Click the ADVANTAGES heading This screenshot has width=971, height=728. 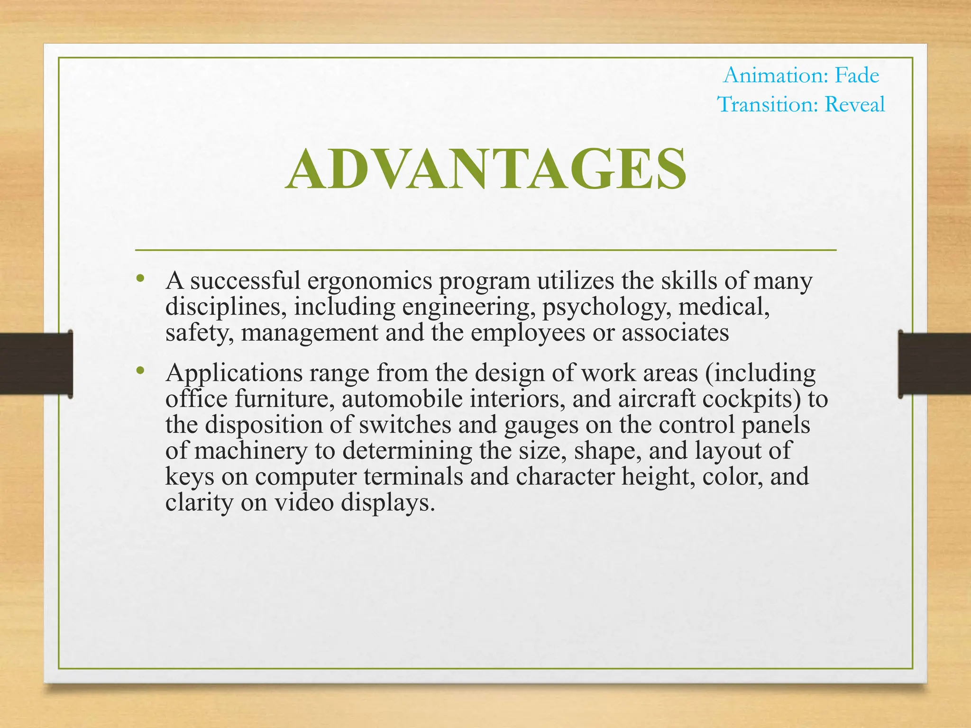click(x=486, y=170)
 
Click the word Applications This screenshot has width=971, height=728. click(x=234, y=373)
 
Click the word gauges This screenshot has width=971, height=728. click(x=541, y=424)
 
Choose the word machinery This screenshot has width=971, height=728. click(x=251, y=450)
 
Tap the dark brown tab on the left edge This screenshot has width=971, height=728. click(x=36, y=364)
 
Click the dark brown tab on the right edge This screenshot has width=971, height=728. click(x=934, y=364)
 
